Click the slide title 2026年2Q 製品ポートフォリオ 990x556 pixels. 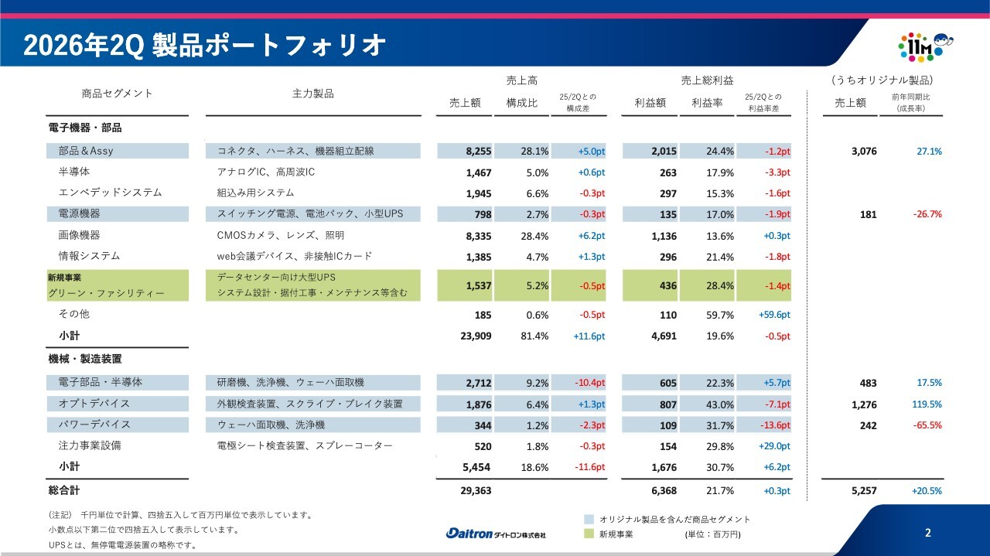pyautogui.click(x=205, y=45)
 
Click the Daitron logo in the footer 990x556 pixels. pyautogui.click(x=496, y=534)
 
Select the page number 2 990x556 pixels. pyautogui.click(x=927, y=533)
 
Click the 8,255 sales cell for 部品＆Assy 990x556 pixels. pyautogui.click(x=479, y=151)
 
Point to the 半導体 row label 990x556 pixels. pyautogui.click(x=74, y=172)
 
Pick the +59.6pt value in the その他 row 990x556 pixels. pyautogui.click(x=774, y=315)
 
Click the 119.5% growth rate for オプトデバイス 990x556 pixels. pyautogui.click(x=927, y=404)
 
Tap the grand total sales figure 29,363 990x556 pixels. pyautogui.click(x=476, y=490)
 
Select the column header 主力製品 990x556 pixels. pyautogui.click(x=313, y=94)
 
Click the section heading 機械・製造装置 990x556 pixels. pyautogui.click(x=85, y=359)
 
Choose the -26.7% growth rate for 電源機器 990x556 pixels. pyautogui.click(x=927, y=214)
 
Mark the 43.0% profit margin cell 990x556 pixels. pyautogui.click(x=720, y=404)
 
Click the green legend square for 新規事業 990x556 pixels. pyautogui.click(x=589, y=534)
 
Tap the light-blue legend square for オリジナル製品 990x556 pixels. pyautogui.click(x=589, y=520)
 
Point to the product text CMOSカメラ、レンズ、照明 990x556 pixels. pyautogui.click(x=280, y=235)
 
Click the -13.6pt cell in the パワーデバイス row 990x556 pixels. pyautogui.click(x=775, y=425)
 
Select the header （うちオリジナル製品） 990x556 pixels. pyautogui.click(x=882, y=80)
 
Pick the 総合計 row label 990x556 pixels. pyautogui.click(x=64, y=490)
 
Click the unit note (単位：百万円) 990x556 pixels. pyautogui.click(x=713, y=534)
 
